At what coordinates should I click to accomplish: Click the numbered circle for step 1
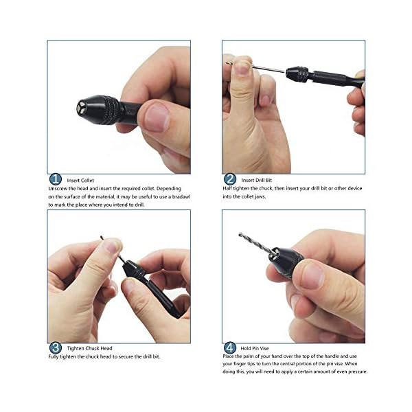coord(56,179)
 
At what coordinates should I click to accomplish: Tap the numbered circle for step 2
coord(230,179)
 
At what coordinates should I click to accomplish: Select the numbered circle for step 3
coord(56,348)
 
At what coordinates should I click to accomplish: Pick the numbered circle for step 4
coord(230,348)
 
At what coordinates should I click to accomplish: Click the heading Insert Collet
coord(80,181)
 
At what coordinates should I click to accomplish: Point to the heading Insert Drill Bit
coord(257,180)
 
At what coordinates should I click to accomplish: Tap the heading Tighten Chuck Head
coord(89,348)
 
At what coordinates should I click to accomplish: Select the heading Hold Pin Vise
coord(255,348)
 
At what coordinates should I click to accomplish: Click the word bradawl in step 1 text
coord(181,196)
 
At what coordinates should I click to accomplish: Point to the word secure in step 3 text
coord(126,356)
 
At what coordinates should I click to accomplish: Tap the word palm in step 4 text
coord(248,356)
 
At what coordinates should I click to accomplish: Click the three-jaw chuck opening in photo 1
coord(81,108)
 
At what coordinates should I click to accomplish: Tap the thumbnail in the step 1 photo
coord(157,117)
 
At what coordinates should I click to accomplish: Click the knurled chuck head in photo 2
coord(297,74)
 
